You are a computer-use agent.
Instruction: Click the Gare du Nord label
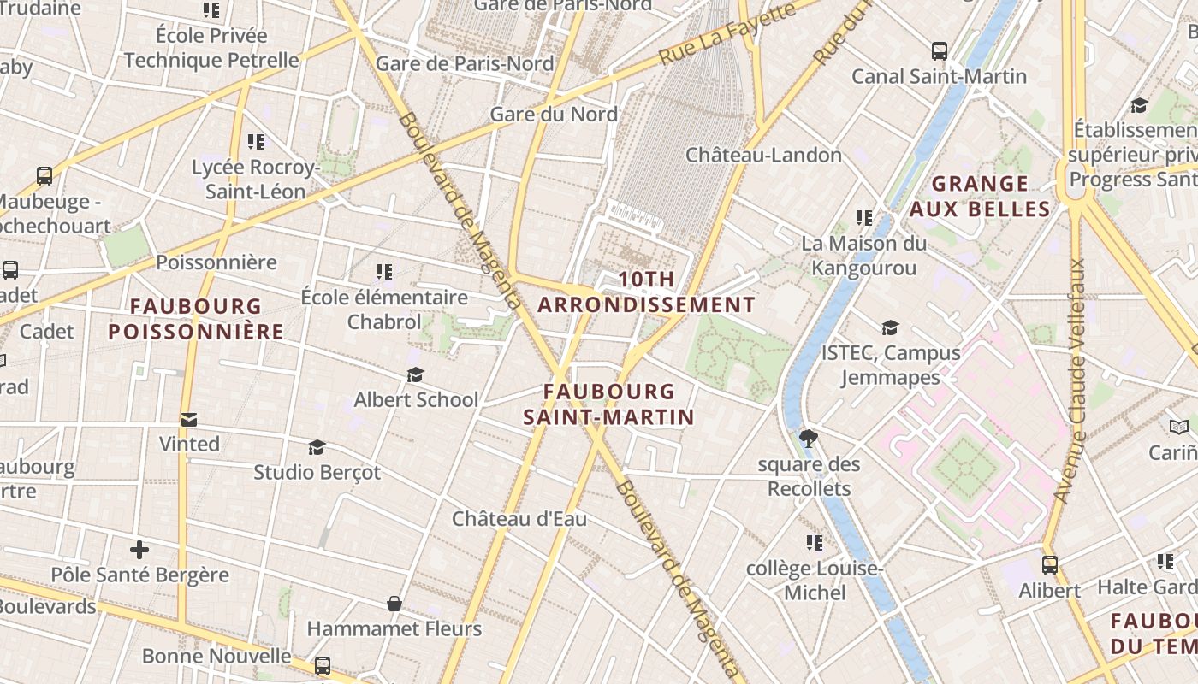point(553,114)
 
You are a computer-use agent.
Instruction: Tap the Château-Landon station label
point(763,155)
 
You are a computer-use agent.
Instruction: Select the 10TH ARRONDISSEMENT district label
point(646,292)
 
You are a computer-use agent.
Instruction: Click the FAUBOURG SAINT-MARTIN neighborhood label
point(608,404)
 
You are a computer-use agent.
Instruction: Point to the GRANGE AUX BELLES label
point(980,197)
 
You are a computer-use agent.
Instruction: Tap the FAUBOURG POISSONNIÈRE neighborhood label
point(196,319)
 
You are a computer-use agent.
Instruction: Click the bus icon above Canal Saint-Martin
point(940,51)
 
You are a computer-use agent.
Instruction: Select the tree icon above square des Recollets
point(808,439)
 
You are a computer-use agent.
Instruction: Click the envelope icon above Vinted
point(189,419)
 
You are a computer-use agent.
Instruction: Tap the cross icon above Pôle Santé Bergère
point(139,549)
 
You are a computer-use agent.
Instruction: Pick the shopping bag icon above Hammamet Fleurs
point(394,604)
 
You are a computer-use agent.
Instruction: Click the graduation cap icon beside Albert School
point(416,374)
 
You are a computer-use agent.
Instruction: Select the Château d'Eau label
point(519,519)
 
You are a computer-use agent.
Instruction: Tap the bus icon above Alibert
point(1049,565)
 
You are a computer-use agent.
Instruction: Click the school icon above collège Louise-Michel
point(814,543)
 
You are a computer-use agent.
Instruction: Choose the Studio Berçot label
point(317,472)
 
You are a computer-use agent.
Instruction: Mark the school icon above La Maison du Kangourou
point(864,218)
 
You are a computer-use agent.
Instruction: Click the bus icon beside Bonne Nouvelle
point(323,665)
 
